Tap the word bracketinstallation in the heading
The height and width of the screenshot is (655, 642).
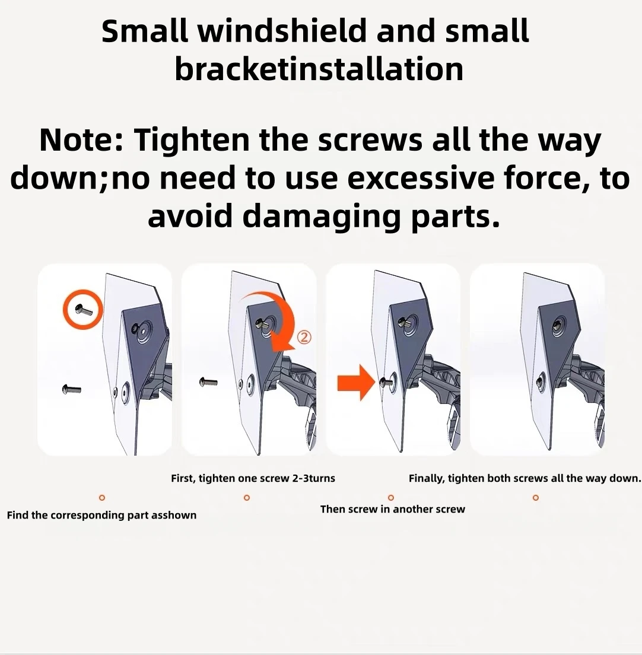pos(319,69)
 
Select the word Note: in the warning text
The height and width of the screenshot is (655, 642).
pos(81,140)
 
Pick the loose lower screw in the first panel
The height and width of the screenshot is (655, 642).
pos(71,389)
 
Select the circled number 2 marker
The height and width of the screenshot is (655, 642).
pos(304,337)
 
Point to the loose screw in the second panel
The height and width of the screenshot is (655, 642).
pos(208,381)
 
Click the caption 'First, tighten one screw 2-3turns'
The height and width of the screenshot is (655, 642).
pos(253,478)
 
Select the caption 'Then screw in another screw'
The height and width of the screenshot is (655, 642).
pos(393,509)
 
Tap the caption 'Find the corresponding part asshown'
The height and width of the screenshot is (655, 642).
pos(101,516)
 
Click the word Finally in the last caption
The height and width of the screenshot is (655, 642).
pos(427,479)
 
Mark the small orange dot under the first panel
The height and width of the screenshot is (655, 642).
pos(101,498)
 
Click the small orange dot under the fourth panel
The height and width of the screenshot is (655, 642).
pos(536,498)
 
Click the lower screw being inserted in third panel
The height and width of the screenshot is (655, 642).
pos(384,381)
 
